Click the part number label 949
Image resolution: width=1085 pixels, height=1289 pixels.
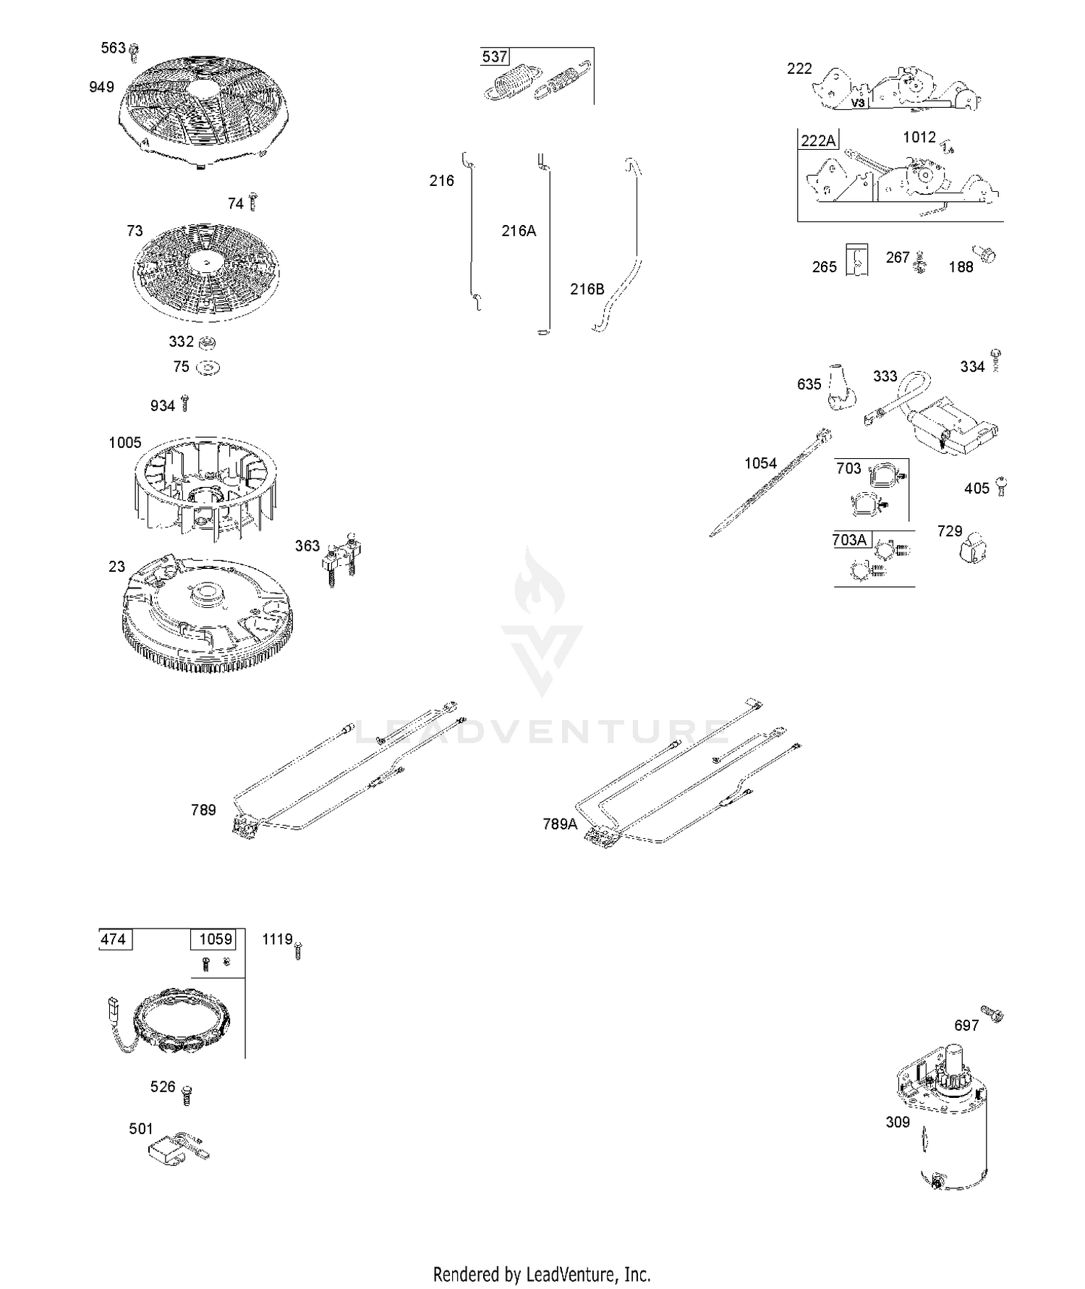[x=101, y=87]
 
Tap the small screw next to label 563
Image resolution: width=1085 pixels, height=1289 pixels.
[x=133, y=50]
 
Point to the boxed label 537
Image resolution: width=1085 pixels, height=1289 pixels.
[x=495, y=56]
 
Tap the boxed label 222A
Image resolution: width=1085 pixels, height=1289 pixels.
[x=818, y=140]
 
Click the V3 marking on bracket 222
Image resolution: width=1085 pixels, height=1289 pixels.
[x=858, y=103]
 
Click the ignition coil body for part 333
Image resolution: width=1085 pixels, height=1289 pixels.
[x=955, y=427]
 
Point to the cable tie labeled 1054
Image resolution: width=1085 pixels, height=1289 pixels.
[x=770, y=483]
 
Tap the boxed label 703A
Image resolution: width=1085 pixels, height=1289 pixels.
[x=850, y=540]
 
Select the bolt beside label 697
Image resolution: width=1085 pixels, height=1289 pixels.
[x=992, y=1013]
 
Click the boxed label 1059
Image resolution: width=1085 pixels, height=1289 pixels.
[x=216, y=939]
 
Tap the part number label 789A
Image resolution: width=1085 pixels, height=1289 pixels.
[x=561, y=824]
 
